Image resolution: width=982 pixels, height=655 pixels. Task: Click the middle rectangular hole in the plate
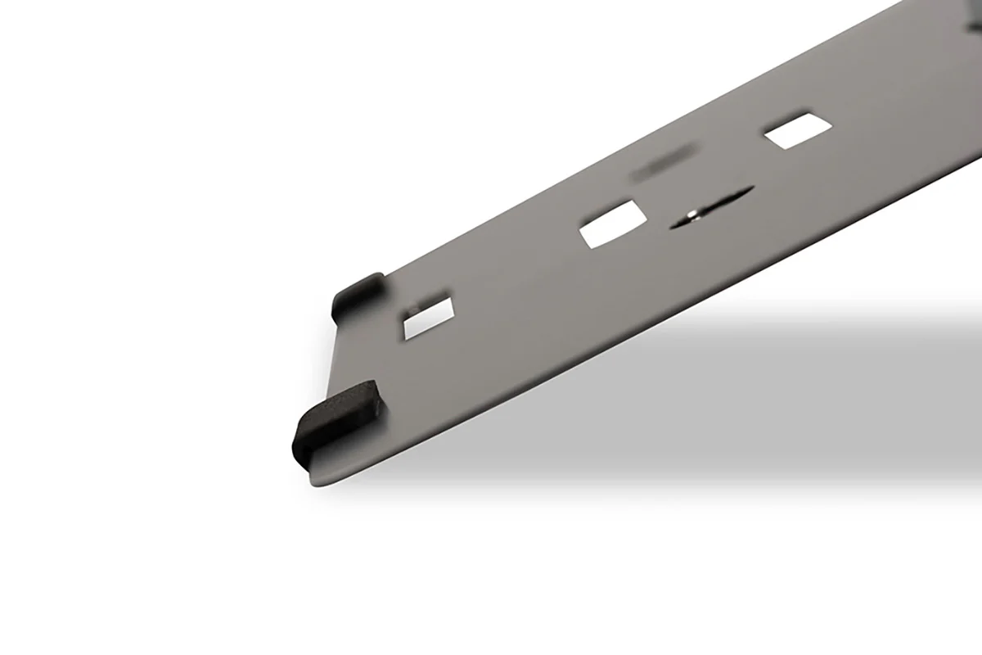coord(613,224)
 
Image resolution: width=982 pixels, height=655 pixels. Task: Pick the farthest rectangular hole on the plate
coord(797,131)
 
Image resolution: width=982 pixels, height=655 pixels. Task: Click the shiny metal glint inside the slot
coord(693,215)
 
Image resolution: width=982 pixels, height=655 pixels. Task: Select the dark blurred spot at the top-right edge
coord(975,25)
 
